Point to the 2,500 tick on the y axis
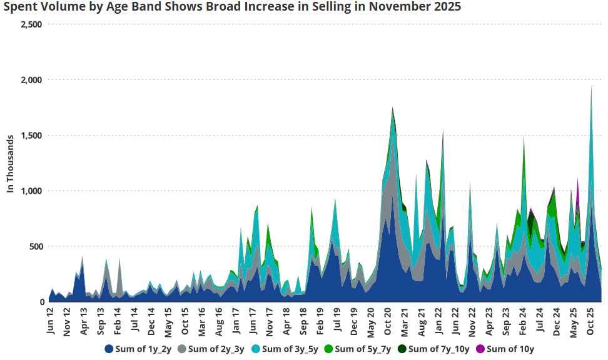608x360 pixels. click(x=31, y=24)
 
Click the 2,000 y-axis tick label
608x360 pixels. click(x=31, y=80)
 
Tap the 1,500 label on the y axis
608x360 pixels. click(x=31, y=136)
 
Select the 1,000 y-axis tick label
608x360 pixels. click(x=31, y=191)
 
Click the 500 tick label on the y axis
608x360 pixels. click(x=36, y=246)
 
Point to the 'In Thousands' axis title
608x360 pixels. click(x=10, y=162)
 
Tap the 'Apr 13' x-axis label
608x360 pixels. click(x=84, y=321)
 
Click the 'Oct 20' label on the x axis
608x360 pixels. click(x=388, y=321)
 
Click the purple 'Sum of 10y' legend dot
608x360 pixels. click(x=480, y=349)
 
